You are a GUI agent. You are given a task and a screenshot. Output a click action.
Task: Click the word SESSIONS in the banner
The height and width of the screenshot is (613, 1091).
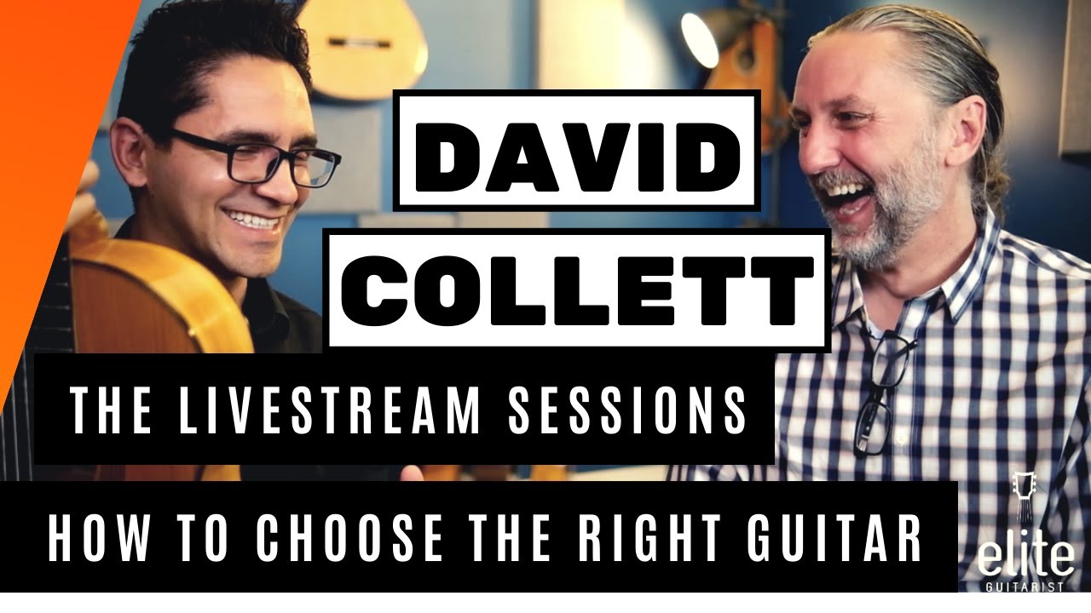click(627, 409)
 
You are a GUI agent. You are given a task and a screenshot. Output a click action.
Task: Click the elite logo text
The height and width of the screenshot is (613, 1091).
click(1025, 559)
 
